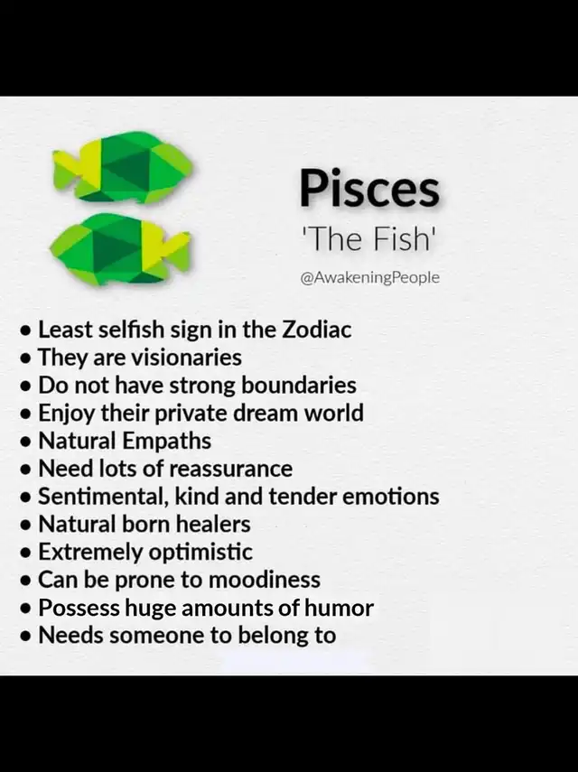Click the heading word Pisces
click(x=369, y=189)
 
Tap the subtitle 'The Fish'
click(x=368, y=238)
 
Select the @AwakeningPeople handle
click(x=369, y=278)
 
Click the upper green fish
click(x=122, y=167)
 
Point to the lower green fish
click(x=120, y=248)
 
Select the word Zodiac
click(x=317, y=330)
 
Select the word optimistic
click(x=200, y=553)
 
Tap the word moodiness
click(x=265, y=580)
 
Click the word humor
click(x=340, y=608)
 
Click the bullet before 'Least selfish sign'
click(x=26, y=330)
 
